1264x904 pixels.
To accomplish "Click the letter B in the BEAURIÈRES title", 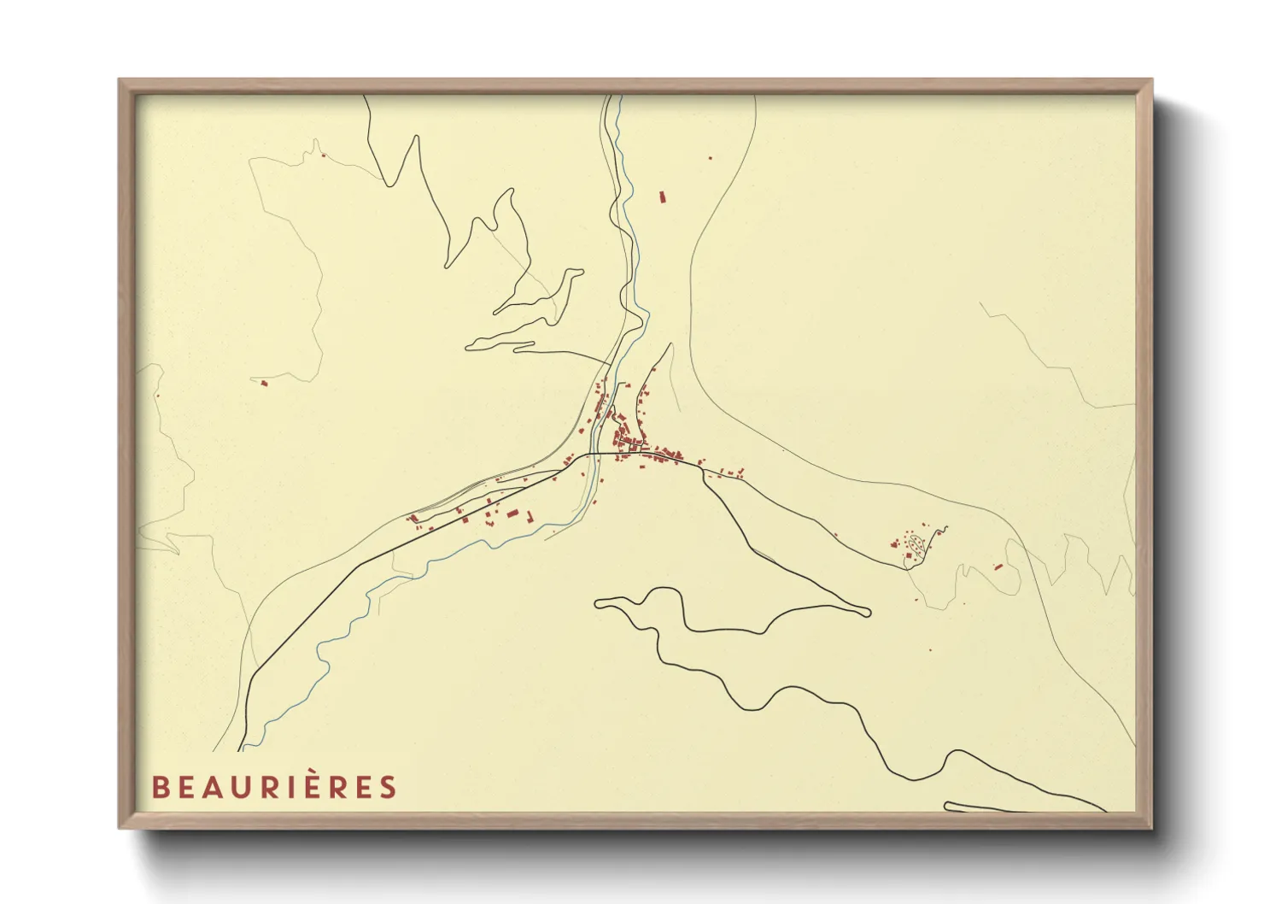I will pos(159,787).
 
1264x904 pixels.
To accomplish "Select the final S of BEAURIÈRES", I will pos(389,787).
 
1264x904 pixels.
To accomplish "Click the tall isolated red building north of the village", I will pos(661,197).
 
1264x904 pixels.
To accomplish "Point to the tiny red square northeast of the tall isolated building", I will pos(710,157).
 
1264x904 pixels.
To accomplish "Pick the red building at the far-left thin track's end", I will pos(264,383).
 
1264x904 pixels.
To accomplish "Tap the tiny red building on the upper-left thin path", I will pos(323,155).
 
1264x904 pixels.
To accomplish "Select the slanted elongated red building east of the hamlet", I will pos(998,566).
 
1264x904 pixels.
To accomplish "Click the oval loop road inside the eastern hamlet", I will pos(917,543).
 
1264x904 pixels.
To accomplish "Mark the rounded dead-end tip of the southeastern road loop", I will pos(866,612).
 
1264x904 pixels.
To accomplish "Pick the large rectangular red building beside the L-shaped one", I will pos(512,514).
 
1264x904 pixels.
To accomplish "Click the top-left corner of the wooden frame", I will pos(120,81).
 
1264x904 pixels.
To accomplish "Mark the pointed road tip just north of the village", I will pos(670,344).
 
